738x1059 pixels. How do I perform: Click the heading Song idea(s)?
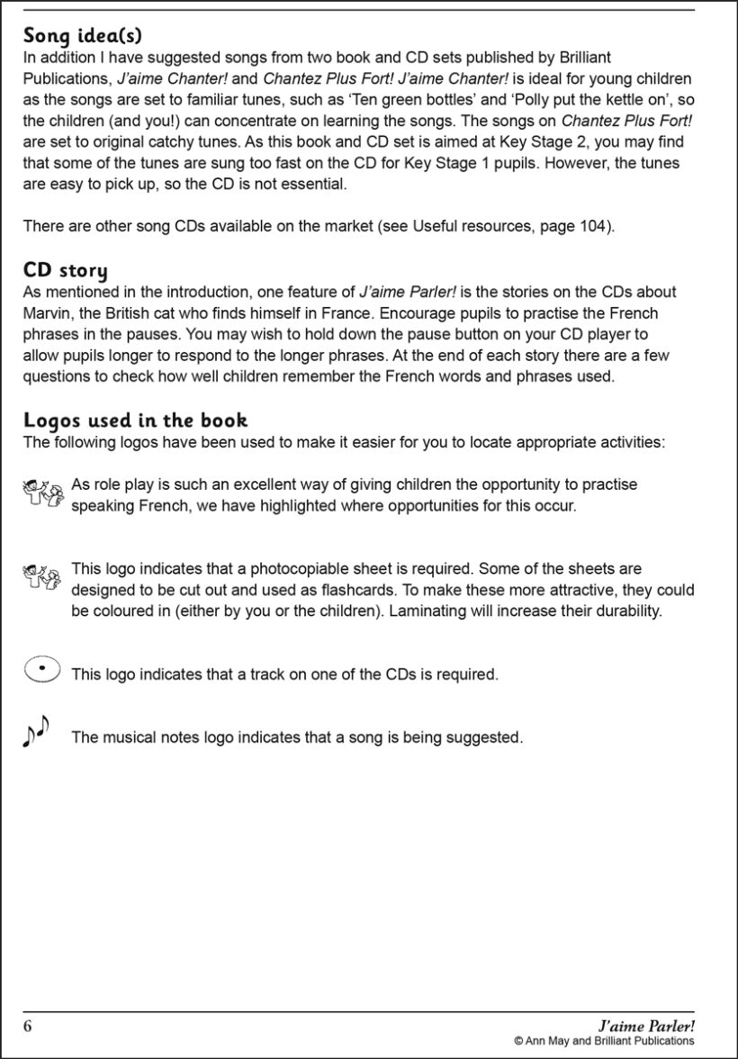[x=83, y=36]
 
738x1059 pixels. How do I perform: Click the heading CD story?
[x=66, y=270]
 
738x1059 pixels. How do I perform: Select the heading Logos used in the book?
[x=135, y=420]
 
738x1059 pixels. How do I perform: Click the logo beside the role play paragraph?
[x=42, y=493]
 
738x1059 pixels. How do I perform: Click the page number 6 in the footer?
[x=28, y=1026]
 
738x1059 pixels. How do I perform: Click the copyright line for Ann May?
[x=604, y=1041]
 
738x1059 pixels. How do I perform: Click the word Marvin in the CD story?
[x=47, y=312]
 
